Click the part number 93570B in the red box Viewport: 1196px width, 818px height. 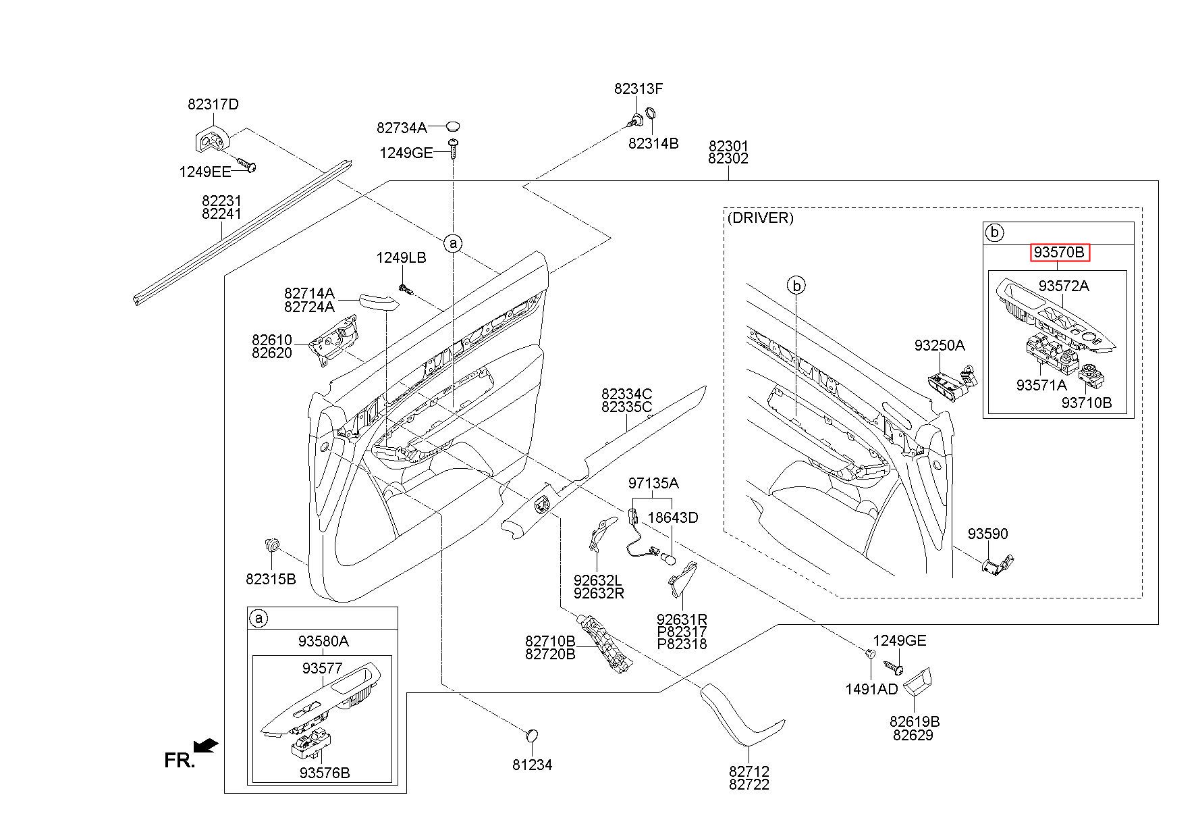(1059, 253)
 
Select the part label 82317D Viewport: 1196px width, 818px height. (213, 105)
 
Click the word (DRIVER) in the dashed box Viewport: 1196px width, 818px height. (760, 218)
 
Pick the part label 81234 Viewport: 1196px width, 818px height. (532, 765)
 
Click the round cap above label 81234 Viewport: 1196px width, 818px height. (533, 735)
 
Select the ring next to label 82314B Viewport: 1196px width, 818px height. (652, 113)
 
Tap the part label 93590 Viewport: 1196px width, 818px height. (987, 534)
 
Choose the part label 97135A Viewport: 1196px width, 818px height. (653, 484)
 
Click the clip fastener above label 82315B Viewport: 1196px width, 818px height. (273, 544)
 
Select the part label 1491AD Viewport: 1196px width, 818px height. (871, 690)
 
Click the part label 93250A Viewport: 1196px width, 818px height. (940, 346)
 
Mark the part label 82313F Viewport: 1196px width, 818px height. (638, 88)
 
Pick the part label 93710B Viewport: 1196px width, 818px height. (1086, 403)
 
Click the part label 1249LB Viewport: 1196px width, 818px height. (401, 258)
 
